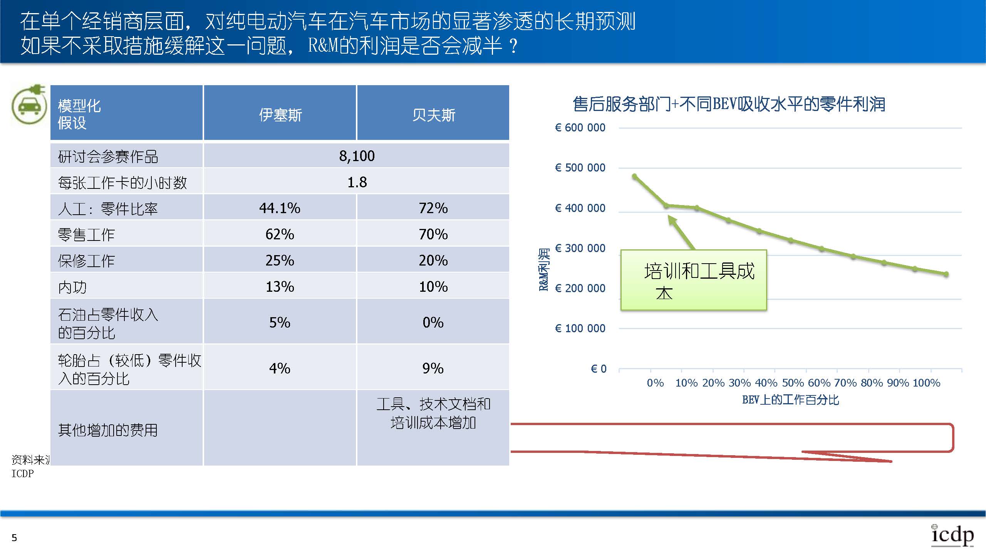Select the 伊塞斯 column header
[x=280, y=114]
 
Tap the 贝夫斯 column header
[x=433, y=114]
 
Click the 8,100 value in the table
[x=357, y=156]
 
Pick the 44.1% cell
[x=280, y=208]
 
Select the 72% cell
[x=433, y=208]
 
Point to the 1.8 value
[x=357, y=182]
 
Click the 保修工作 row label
[x=87, y=261]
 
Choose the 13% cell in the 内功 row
[x=280, y=287]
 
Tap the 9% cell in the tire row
[x=433, y=368]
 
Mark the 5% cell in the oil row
[x=280, y=322]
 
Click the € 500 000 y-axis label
[x=580, y=168]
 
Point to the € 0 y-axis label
[x=599, y=369]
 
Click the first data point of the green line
[x=635, y=177]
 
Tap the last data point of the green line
[x=946, y=274]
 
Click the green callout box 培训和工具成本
[x=693, y=280]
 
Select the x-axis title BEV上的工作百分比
[x=790, y=400]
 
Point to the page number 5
[x=14, y=538]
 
